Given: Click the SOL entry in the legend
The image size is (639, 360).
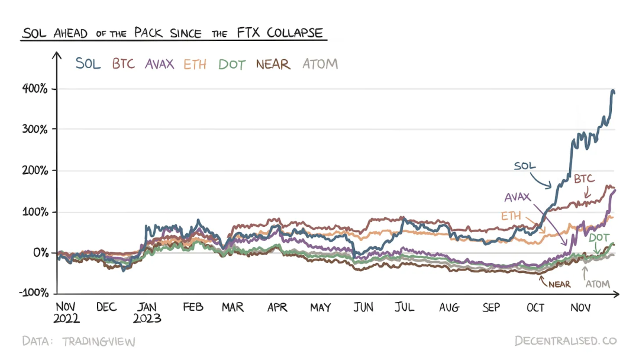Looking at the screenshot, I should [88, 63].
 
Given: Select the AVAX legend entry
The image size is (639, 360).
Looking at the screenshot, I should [160, 63].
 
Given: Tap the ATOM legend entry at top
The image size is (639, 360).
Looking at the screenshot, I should [320, 63].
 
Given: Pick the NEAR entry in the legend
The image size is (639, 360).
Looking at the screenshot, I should [273, 63].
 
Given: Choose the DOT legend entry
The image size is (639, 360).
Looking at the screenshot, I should [231, 64].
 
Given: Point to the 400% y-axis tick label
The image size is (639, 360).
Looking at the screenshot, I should [35, 89].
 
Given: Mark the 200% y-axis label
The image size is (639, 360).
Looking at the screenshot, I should [35, 171].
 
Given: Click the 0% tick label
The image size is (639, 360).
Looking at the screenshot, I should [40, 253].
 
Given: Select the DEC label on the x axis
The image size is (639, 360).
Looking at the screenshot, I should [106, 307].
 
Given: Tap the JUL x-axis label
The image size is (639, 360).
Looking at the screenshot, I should [405, 307].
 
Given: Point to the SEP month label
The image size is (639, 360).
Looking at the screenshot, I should [491, 307].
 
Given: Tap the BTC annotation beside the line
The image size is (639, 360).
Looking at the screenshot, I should [584, 179].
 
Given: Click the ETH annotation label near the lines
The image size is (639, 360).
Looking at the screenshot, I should [511, 216].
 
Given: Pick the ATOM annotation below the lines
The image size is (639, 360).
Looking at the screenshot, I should [598, 284].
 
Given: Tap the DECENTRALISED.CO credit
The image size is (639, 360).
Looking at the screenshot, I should [566, 341].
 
